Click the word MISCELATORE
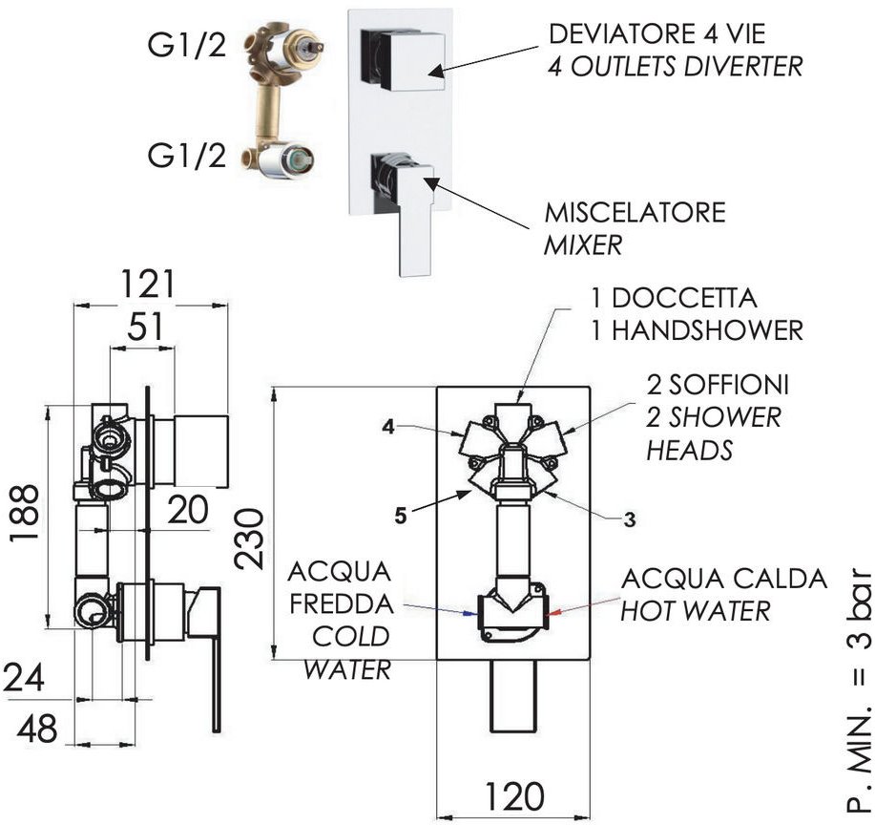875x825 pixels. tap(635, 211)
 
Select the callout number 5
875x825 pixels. tap(401, 516)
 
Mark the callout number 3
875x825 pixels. tap(629, 519)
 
